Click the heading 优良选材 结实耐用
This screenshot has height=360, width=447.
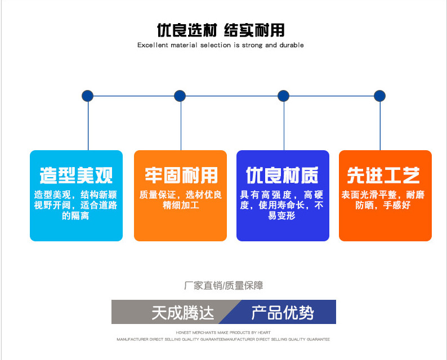(x=220, y=30)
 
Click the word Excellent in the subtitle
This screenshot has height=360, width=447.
(x=153, y=46)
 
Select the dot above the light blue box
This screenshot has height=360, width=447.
(x=87, y=96)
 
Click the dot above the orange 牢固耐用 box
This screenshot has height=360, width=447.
(x=180, y=96)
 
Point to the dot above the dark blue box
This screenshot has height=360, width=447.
(x=283, y=96)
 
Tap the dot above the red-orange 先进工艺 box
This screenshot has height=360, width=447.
(x=380, y=96)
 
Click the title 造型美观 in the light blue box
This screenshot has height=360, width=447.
(x=76, y=175)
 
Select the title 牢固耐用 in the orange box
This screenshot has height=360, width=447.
(x=180, y=175)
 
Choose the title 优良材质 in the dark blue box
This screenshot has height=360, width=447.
(x=283, y=175)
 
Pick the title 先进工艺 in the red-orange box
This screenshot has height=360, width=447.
(x=383, y=175)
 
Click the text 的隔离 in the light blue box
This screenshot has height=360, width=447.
(x=75, y=215)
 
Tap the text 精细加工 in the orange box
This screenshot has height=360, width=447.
(x=180, y=205)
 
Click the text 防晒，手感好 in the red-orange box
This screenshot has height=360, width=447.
(x=383, y=205)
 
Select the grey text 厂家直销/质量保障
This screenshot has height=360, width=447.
(x=223, y=286)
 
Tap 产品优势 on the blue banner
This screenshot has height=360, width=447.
(x=282, y=312)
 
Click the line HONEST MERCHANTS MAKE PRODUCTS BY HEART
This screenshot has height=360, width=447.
(x=223, y=332)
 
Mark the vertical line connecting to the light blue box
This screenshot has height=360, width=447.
(x=88, y=127)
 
